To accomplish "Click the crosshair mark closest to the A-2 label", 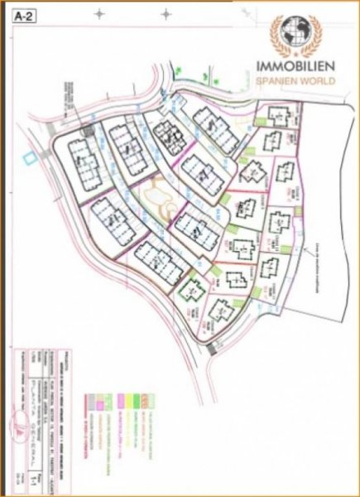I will point(99,14).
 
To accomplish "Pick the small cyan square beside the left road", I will point(30,156).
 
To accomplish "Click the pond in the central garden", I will point(157,199).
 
